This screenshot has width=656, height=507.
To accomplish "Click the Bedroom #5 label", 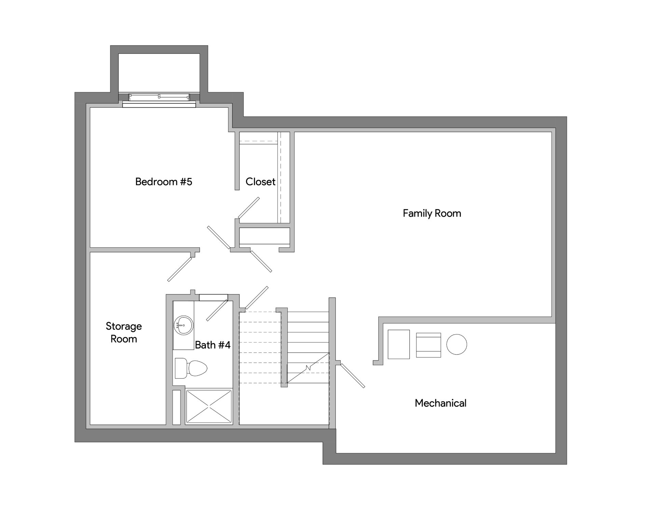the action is pyautogui.click(x=164, y=181).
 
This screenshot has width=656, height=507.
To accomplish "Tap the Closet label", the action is pyautogui.click(x=260, y=181).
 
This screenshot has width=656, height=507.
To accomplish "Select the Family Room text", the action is pyautogui.click(x=432, y=214).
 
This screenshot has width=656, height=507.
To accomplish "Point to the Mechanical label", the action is pyautogui.click(x=440, y=403).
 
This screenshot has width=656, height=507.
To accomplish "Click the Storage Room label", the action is pyautogui.click(x=124, y=332).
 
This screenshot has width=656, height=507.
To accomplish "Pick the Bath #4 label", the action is pyautogui.click(x=213, y=345).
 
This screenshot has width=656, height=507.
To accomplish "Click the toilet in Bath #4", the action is pyautogui.click(x=191, y=368).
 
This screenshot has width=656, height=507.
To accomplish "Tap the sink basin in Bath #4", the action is pyautogui.click(x=183, y=325).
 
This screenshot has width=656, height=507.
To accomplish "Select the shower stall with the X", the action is pyautogui.click(x=208, y=406).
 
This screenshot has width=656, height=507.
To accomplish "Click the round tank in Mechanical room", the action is pyautogui.click(x=457, y=344).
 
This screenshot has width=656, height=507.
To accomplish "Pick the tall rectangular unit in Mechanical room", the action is pyautogui.click(x=399, y=344).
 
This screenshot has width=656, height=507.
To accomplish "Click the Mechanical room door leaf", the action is pyautogui.click(x=353, y=375).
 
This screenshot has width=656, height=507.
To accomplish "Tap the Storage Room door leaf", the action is pyautogui.click(x=180, y=269).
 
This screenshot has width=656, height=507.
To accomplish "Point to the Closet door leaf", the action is pyautogui.click(x=249, y=207).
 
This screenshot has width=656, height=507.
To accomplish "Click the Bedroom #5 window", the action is pyautogui.click(x=159, y=97).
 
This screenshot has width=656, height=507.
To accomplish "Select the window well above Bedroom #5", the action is pyautogui.click(x=159, y=73).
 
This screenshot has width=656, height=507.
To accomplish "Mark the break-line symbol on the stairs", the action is pyautogui.click(x=308, y=368).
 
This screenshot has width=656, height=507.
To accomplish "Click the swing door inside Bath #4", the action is pyautogui.click(x=217, y=310).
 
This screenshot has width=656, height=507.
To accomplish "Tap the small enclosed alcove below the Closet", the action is pyautogui.click(x=264, y=236).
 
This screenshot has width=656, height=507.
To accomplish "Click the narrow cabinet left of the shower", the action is pyautogui.click(x=176, y=407).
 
